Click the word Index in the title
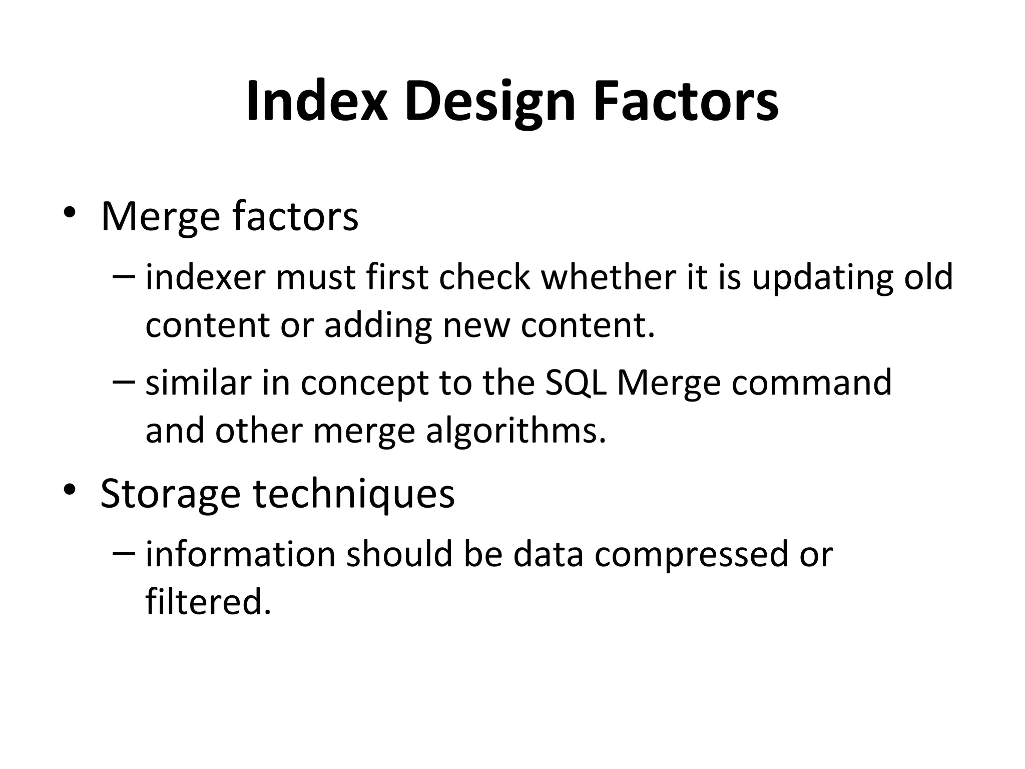[x=317, y=101]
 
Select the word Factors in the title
[x=686, y=101]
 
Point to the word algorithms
[x=516, y=431]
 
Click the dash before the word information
[x=124, y=553]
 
